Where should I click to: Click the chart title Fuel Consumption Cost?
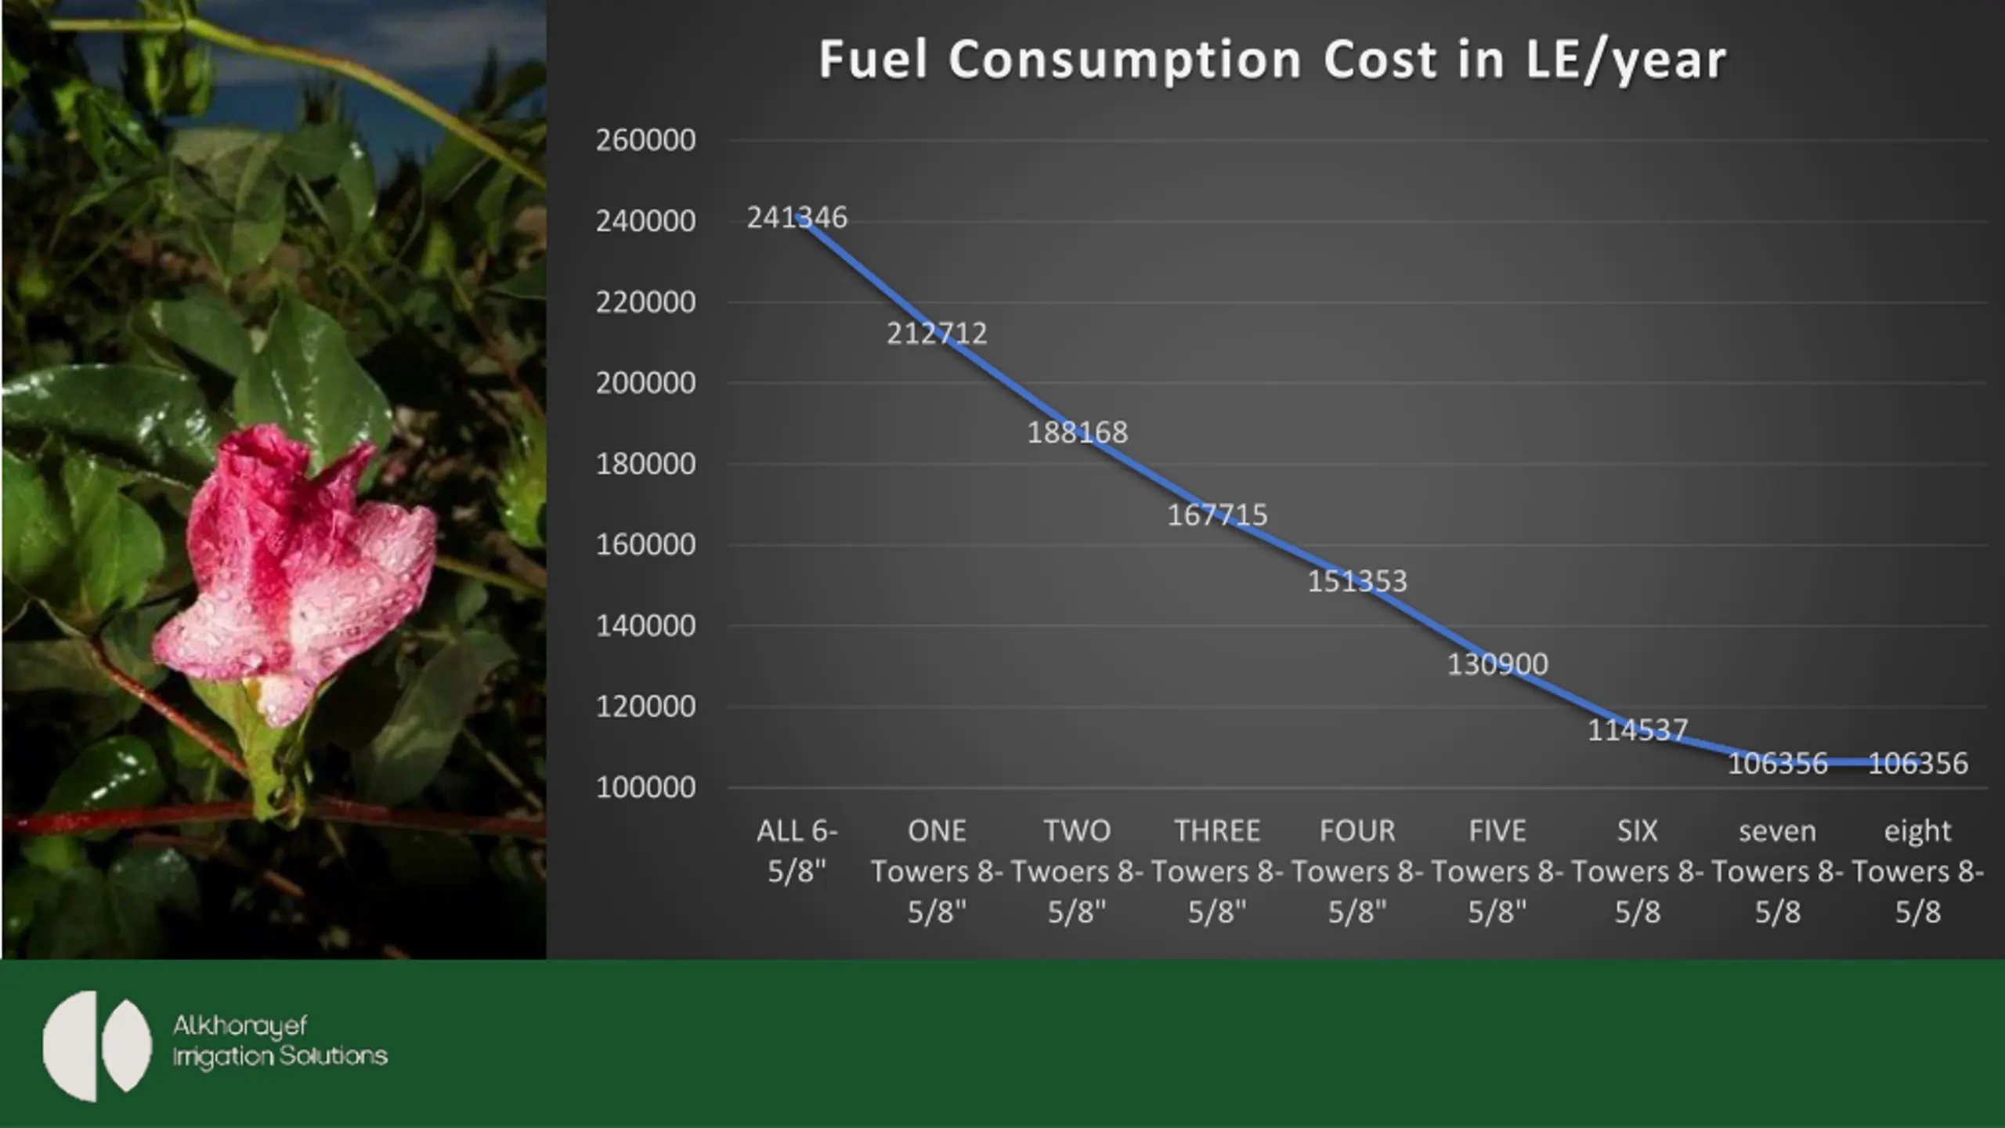[x=1272, y=60]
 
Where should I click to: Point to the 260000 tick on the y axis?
[x=645, y=140]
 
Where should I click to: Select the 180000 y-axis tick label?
[x=645, y=465]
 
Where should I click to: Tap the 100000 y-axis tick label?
[x=645, y=787]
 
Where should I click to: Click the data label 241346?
[x=797, y=218]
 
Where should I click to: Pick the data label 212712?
[x=937, y=334]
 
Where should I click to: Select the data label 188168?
[x=1077, y=432]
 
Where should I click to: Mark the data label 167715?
[x=1217, y=515]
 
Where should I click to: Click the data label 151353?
[x=1357, y=581]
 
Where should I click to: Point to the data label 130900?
[x=1497, y=664]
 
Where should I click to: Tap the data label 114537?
[x=1637, y=730]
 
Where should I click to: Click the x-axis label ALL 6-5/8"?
[x=797, y=851]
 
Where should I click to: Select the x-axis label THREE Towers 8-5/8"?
[x=1217, y=871]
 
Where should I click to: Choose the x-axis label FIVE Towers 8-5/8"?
[x=1497, y=871]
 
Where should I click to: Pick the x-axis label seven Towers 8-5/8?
[x=1777, y=871]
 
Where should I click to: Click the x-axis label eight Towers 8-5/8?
[x=1917, y=871]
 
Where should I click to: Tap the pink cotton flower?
[x=298, y=572]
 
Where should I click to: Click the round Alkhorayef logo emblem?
[x=97, y=1046]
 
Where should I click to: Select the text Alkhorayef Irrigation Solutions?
[x=280, y=1041]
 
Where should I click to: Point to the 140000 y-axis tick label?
[x=645, y=626]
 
